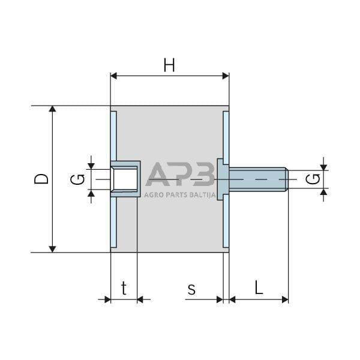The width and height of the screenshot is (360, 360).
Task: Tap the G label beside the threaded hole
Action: coord(76,179)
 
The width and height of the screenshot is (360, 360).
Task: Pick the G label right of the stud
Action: coord(313,179)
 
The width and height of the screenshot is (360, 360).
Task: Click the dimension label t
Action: coord(124,289)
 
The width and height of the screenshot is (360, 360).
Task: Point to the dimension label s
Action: coord(191,289)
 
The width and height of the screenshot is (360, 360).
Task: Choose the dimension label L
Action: coord(259,288)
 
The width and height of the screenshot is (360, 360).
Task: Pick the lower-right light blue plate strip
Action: coord(226,224)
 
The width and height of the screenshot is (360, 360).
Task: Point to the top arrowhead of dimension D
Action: coord(53,110)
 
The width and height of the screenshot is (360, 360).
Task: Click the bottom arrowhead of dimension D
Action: coord(53,248)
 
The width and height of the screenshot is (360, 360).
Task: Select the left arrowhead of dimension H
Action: coord(115,76)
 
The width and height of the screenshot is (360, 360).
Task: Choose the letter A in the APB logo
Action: coord(158,175)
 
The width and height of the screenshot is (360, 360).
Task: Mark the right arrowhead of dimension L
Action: coord(285,299)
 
